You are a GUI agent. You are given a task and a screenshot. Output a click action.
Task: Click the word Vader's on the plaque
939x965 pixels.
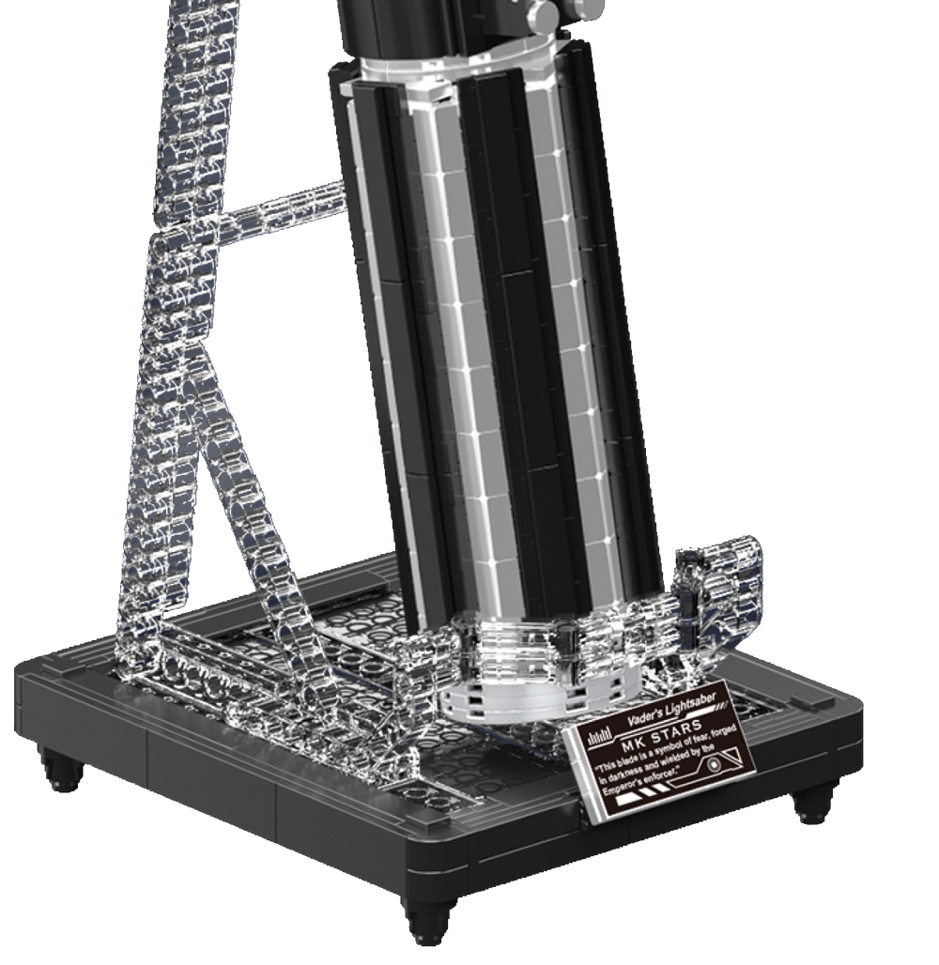pyautogui.click(x=646, y=717)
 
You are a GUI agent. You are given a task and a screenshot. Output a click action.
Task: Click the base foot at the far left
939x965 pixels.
pyautogui.click(x=61, y=770)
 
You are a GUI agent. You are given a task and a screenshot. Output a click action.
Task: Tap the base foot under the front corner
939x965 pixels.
pyautogui.click(x=430, y=920)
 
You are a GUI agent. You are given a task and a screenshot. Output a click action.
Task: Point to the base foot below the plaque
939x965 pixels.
pyautogui.click(x=812, y=803)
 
